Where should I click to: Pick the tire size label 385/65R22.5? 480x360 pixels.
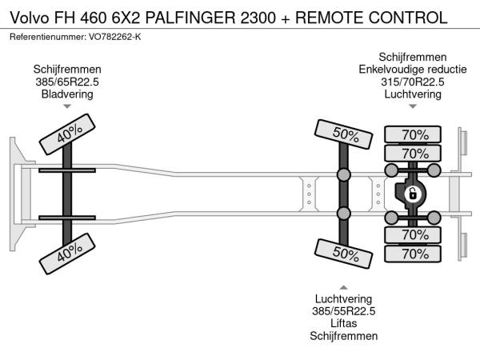point(67,82)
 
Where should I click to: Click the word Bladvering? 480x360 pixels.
point(67,94)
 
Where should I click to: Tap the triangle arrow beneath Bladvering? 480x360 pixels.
point(67,107)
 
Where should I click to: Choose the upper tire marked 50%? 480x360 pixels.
point(344,134)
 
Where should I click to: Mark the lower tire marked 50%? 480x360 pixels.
point(344,254)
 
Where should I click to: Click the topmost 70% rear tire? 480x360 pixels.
point(414,134)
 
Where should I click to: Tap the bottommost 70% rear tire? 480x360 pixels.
point(414,254)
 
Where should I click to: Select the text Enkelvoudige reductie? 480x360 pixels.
point(411,69)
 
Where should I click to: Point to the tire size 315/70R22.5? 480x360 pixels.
point(411,82)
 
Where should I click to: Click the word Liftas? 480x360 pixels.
point(344,324)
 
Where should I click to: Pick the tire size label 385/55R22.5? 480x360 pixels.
point(344,312)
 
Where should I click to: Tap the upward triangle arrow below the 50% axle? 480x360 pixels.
point(344,286)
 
